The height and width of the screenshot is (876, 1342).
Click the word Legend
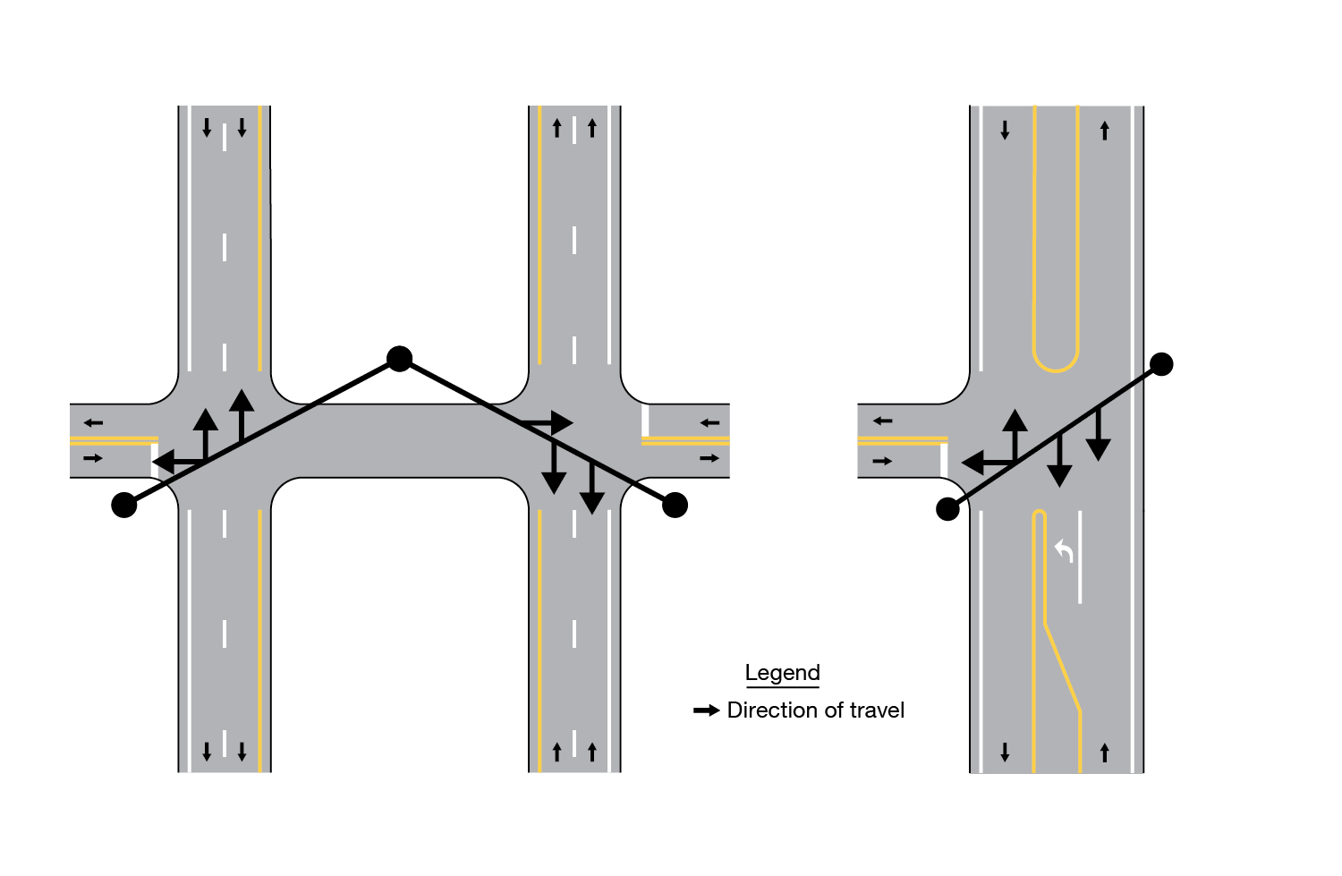tap(783, 672)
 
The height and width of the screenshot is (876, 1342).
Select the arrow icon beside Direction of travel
tap(707, 710)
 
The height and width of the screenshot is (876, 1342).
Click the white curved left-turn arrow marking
tap(1064, 551)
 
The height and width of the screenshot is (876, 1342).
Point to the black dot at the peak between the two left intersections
tap(400, 359)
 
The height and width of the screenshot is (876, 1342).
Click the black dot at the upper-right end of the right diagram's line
tap(1161, 364)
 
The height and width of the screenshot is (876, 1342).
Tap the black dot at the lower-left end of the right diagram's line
tap(947, 510)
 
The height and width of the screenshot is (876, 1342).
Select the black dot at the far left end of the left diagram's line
tap(124, 505)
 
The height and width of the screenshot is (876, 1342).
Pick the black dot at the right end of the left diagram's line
tap(675, 505)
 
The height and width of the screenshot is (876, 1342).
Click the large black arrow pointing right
tap(547, 423)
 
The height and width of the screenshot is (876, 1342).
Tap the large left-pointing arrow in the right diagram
tap(988, 463)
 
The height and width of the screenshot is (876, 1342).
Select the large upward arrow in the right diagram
tap(1015, 436)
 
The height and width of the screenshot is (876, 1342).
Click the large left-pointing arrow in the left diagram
tap(179, 462)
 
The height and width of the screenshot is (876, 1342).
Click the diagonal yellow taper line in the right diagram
tap(1062, 667)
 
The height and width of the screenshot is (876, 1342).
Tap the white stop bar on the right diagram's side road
tap(944, 460)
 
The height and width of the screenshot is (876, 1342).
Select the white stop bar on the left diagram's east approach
tap(645, 421)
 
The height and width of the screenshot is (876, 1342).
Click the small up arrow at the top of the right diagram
tap(1105, 131)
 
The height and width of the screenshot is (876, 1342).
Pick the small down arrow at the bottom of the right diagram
tap(1005, 752)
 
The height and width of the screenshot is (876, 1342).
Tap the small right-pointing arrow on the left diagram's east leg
tap(709, 458)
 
